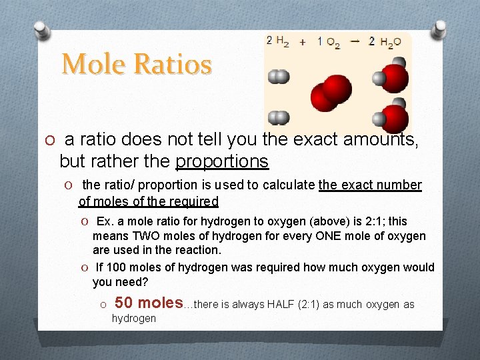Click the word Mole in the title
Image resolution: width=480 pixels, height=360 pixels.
coord(94,65)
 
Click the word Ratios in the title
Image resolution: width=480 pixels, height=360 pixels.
coord(173,65)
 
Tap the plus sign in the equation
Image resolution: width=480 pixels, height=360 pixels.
coord(303,41)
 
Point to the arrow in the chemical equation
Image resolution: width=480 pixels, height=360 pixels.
coord(355,41)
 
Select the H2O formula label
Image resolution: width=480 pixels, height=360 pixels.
coord(391,43)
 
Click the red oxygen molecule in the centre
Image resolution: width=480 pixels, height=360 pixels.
coord(331,93)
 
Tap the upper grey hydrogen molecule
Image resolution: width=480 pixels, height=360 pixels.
coord(279,77)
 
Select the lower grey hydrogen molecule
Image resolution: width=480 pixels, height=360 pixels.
coord(279,118)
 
